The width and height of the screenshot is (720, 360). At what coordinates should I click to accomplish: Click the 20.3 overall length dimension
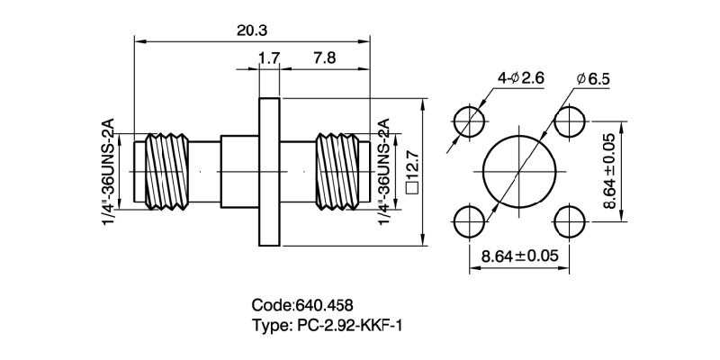click(253, 31)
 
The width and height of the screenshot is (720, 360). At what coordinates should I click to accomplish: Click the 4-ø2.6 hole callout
click(521, 78)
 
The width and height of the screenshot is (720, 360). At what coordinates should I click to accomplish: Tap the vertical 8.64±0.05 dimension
click(609, 171)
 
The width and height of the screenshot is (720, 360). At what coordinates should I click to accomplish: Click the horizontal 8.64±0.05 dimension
click(519, 256)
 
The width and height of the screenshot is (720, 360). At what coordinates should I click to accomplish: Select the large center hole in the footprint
click(518, 171)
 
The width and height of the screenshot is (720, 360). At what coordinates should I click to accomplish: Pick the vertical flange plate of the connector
click(270, 171)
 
